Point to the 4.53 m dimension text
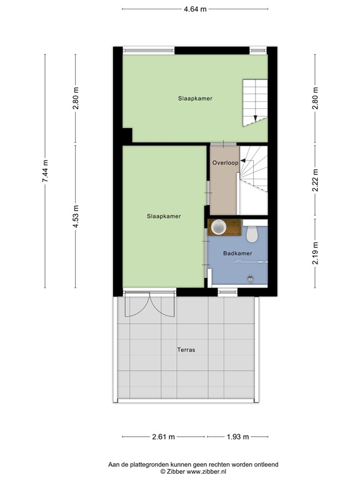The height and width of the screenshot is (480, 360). click(76, 216)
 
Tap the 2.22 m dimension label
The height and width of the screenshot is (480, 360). click(315, 180)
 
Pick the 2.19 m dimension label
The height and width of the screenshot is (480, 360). click(315, 253)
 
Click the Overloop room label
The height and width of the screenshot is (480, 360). click(225, 162)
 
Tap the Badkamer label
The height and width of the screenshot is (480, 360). click(237, 253)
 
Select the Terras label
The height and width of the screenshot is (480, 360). click(186, 350)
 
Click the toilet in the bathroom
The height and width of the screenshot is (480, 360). click(252, 234)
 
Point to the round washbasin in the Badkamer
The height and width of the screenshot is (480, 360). click(219, 227)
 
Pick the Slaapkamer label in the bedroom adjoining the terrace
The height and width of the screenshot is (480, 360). click(164, 216)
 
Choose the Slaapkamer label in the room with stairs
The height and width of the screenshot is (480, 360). click(194, 98)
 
